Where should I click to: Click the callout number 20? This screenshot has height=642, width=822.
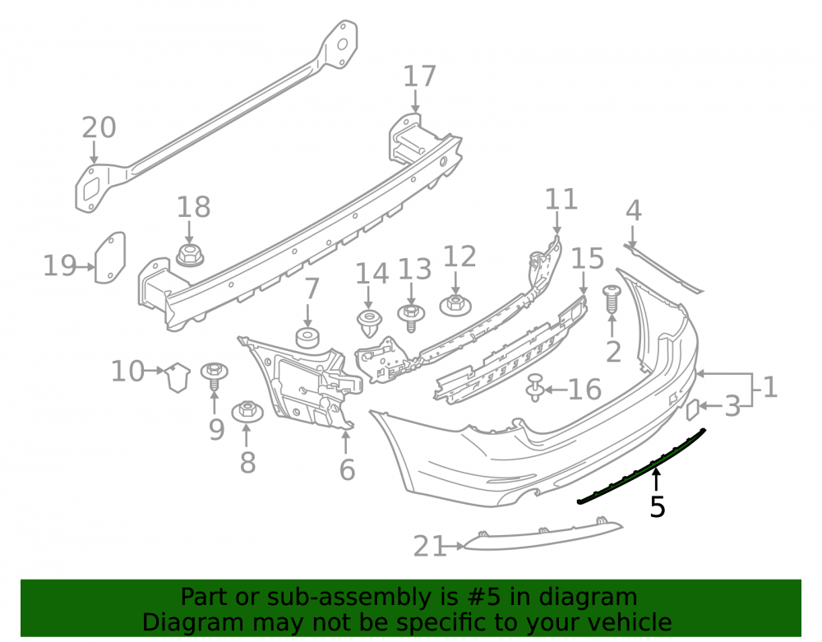tap(99, 128)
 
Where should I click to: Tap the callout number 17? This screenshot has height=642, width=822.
tap(419, 76)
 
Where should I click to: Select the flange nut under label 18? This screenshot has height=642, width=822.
tap(191, 254)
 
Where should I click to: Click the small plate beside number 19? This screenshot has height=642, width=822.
tap(110, 257)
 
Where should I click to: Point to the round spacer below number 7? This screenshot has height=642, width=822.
tap(307, 338)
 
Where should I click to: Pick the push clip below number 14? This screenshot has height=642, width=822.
tap(369, 323)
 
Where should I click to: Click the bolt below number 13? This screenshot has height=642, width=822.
tap(411, 317)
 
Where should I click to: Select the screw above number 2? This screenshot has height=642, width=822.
tap(612, 300)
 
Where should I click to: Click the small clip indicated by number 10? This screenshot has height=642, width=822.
tap(178, 376)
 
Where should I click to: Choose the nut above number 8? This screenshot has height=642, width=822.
tap(247, 411)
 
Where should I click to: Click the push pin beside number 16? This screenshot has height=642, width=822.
tap(535, 387)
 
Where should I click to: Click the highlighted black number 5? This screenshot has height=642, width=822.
tap(658, 507)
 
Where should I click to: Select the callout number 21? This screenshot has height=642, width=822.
tap(429, 546)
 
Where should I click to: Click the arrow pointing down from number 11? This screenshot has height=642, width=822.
tap(557, 222)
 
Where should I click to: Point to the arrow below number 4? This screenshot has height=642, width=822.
tap(633, 237)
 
